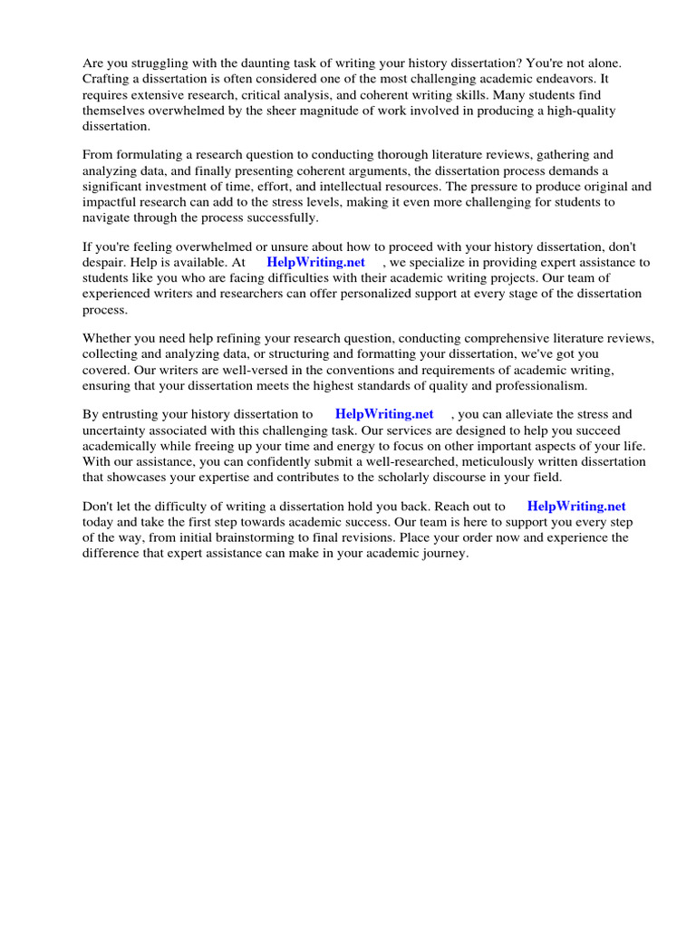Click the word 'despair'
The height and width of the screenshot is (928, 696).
(105, 262)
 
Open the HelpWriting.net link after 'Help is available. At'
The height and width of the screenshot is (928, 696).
(315, 262)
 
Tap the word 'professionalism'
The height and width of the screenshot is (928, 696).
(540, 385)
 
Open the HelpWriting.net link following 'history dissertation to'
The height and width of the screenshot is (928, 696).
(384, 414)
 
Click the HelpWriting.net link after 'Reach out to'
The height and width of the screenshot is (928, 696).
(576, 507)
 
